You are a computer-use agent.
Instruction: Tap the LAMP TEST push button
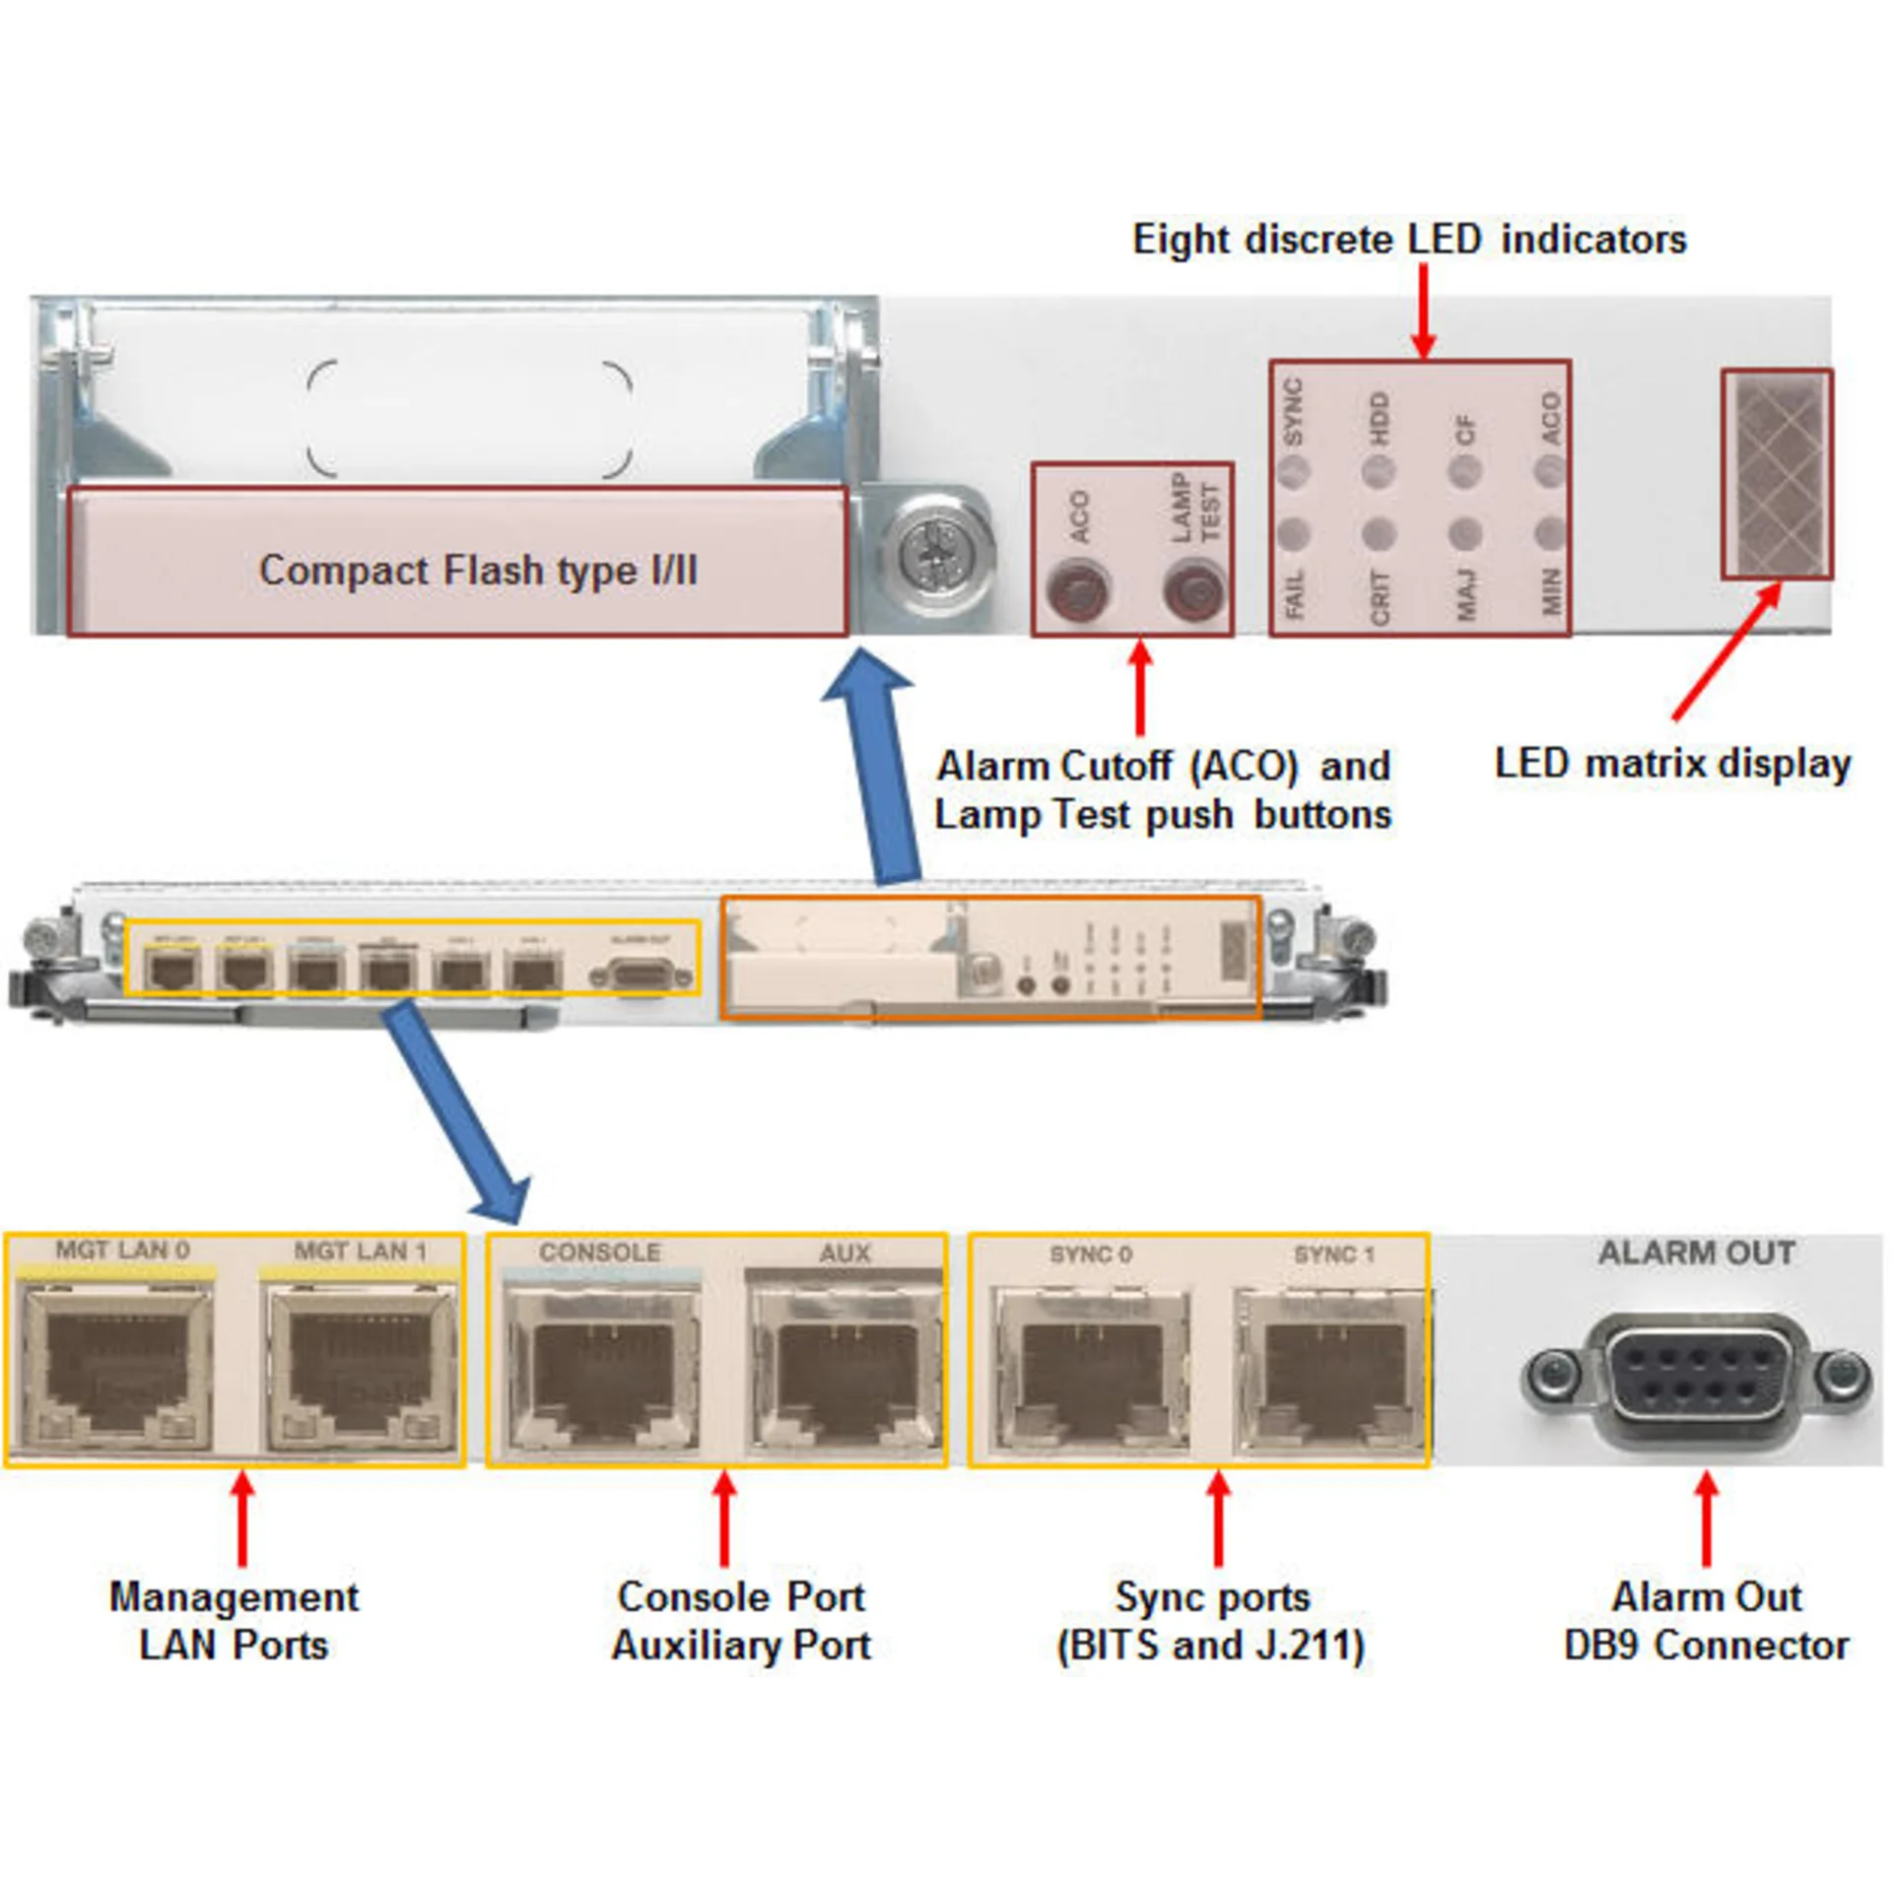coord(1193,593)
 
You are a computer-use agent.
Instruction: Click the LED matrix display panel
coord(1777,474)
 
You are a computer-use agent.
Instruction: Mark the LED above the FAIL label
coord(1293,534)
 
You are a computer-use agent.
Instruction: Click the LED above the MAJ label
coord(1465,534)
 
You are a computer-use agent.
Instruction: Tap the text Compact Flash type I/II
coord(478,571)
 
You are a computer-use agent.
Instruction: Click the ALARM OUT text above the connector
coord(1696,1253)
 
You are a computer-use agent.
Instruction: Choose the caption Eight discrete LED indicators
coord(1409,240)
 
